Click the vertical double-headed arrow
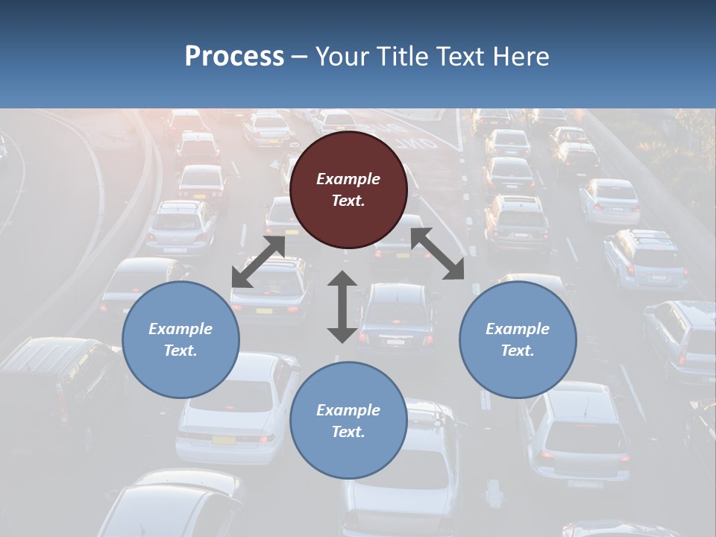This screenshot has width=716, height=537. coord(342,307)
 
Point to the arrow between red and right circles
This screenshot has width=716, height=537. coord(437,254)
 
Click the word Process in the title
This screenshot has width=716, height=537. coord(234,56)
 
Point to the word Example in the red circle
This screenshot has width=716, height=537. coord(348,179)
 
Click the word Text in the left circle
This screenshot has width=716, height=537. coord(180,351)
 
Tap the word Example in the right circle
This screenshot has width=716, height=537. coord(518,329)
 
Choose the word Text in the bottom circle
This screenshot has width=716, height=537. coord(348,432)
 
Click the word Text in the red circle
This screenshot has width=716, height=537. coord(348,201)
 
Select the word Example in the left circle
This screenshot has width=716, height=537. coord(180,329)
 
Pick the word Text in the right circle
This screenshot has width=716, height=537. coord(518,351)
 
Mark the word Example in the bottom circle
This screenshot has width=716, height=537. coord(348,410)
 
